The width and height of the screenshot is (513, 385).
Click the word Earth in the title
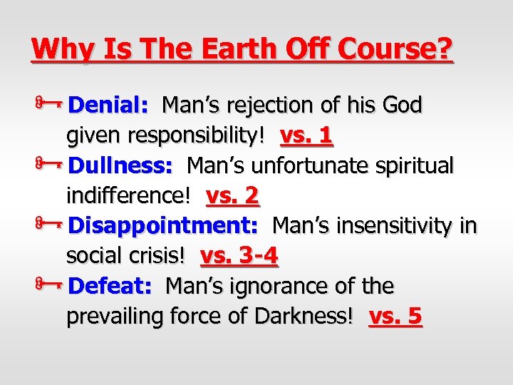click(228, 48)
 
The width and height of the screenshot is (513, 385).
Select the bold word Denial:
click(108, 106)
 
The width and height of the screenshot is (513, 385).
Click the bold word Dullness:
click(121, 165)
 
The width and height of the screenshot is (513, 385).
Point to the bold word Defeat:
click(110, 287)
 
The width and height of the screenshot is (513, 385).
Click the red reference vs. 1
click(307, 135)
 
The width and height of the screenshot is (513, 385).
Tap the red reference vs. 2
click(232, 195)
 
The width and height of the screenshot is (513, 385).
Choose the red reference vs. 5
click(395, 317)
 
